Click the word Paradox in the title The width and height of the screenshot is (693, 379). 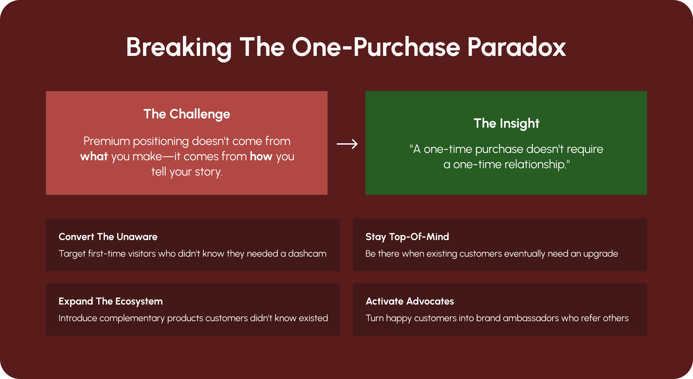pos(516,47)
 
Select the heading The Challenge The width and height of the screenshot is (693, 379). pos(187,114)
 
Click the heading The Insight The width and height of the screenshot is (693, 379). pos(506,124)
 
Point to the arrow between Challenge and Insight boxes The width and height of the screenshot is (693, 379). pos(347,144)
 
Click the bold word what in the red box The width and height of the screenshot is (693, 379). pos(94,156)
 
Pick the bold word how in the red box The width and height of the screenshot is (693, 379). pos(261,156)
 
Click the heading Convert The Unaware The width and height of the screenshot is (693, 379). pos(108,237)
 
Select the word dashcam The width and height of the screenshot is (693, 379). pos(307,254)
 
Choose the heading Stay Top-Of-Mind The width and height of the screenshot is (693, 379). pos(407,237)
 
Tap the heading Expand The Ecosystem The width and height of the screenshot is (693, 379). pos(111,302)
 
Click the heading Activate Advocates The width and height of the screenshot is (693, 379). pos(410,301)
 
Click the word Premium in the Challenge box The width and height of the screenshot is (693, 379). pos(107,141)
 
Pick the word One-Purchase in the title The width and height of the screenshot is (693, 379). pos(376,47)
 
